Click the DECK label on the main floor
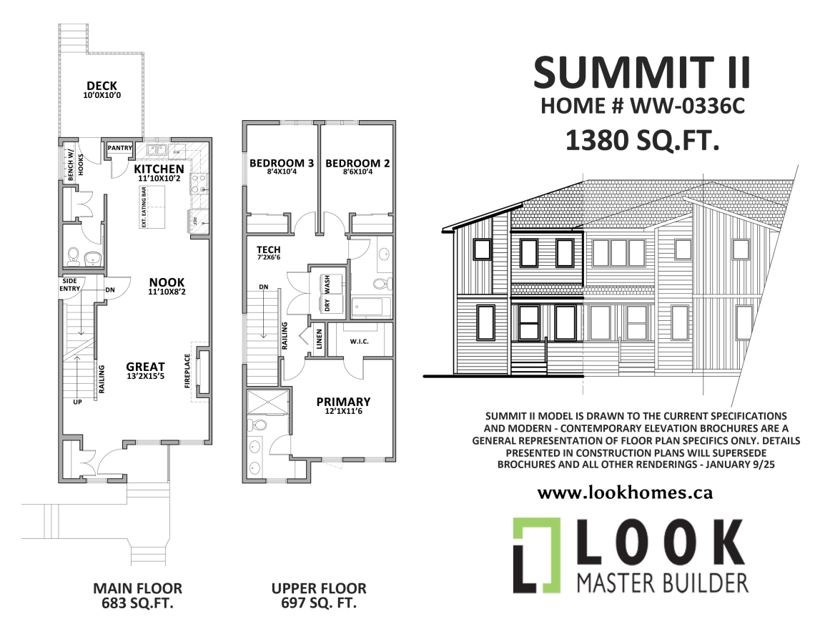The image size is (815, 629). click(102, 86)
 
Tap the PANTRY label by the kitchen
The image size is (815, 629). click(120, 148)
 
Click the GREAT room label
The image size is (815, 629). click(146, 367)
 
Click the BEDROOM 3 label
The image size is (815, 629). click(282, 164)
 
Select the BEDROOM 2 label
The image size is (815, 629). click(357, 164)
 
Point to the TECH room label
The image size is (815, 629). click(268, 249)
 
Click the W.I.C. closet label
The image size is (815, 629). click(359, 342)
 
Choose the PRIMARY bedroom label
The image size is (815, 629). click(343, 402)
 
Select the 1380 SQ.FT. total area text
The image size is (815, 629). click(641, 139)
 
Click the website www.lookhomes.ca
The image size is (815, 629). click(625, 492)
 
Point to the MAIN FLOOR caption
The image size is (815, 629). click(137, 588)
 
